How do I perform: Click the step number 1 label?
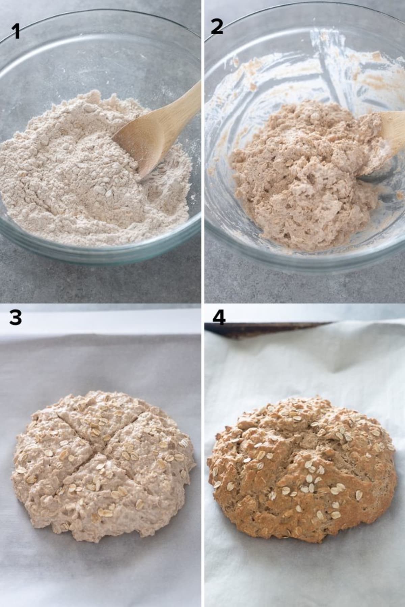[x=15, y=32]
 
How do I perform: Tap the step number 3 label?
[x=16, y=318]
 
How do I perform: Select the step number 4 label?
[x=219, y=318]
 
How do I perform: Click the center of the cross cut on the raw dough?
[x=103, y=438]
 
